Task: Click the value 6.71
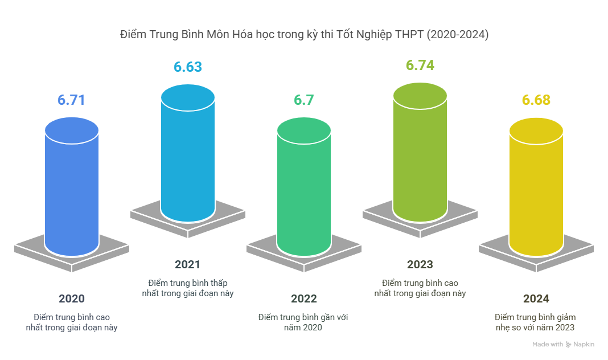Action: (71, 100)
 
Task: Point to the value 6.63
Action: (187, 67)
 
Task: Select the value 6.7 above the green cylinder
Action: (303, 100)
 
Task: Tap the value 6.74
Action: (420, 66)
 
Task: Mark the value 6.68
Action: (536, 100)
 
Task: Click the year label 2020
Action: (71, 299)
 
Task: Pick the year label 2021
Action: (187, 265)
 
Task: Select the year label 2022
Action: (303, 299)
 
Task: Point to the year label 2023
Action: (420, 265)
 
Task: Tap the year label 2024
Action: (536, 299)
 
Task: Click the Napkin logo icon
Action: (569, 345)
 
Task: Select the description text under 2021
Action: (187, 288)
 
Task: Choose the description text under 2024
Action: (536, 322)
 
